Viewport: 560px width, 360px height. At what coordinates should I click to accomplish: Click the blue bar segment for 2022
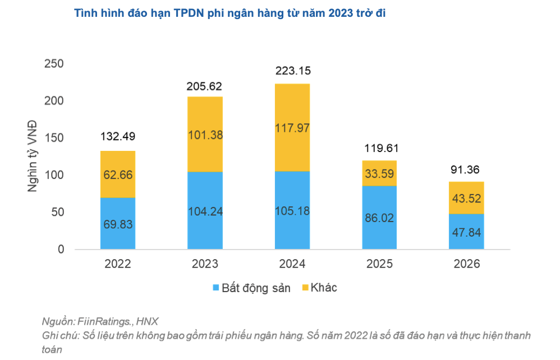pyautogui.click(x=118, y=223)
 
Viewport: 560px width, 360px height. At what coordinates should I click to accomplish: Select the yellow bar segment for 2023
pyautogui.click(x=205, y=134)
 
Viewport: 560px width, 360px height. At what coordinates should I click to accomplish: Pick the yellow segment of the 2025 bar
pyautogui.click(x=379, y=173)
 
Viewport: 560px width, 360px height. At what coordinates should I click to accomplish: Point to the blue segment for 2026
pyautogui.click(x=466, y=231)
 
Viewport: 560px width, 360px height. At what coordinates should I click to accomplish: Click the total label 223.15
pyautogui.click(x=292, y=71)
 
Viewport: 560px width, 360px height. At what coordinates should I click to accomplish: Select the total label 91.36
pyautogui.click(x=466, y=169)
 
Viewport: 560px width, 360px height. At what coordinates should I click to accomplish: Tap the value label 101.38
pyautogui.click(x=205, y=135)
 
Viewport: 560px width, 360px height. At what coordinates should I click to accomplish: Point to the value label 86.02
pyautogui.click(x=379, y=218)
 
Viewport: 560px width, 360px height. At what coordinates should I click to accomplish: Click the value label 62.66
pyautogui.click(x=118, y=174)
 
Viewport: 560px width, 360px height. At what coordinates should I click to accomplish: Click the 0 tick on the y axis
pyautogui.click(x=61, y=249)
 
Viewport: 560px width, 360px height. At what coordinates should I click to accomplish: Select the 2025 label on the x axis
pyautogui.click(x=379, y=264)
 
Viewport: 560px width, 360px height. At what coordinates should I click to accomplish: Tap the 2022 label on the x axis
pyautogui.click(x=118, y=264)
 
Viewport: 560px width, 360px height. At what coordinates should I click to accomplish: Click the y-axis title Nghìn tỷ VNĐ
pyautogui.click(x=33, y=156)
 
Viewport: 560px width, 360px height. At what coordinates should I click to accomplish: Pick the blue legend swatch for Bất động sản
pyautogui.click(x=216, y=288)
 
